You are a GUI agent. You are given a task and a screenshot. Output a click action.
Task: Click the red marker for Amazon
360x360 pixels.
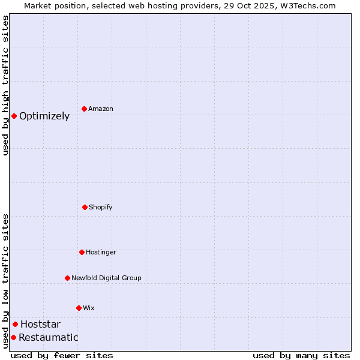click(x=84, y=109)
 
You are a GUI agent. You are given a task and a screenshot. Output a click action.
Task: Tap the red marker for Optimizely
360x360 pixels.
click(x=14, y=116)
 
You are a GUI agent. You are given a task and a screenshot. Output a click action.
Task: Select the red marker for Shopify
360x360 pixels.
click(x=85, y=207)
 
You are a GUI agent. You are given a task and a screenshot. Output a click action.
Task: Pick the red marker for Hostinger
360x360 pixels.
click(x=82, y=252)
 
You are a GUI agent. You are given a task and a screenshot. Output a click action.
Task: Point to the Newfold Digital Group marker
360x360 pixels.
click(x=67, y=278)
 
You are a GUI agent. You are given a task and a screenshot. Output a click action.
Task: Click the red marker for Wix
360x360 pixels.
click(x=79, y=308)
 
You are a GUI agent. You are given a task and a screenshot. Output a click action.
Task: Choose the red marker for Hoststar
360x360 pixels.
click(x=15, y=325)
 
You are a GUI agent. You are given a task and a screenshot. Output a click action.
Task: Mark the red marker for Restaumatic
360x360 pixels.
click(x=13, y=337)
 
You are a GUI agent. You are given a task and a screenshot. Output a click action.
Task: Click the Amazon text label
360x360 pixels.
click(x=101, y=109)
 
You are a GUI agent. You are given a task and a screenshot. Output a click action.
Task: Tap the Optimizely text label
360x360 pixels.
click(x=44, y=116)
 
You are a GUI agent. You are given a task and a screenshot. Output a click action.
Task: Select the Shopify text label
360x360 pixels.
click(x=101, y=207)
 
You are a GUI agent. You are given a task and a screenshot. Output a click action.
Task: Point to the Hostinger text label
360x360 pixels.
click(x=101, y=252)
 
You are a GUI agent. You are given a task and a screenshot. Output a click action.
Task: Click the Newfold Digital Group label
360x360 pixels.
click(x=106, y=278)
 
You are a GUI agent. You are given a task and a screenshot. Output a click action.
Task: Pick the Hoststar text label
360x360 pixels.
click(x=40, y=325)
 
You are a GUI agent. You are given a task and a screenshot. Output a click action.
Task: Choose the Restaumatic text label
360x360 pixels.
click(x=49, y=338)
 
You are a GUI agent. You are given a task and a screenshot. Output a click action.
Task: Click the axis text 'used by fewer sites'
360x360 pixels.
click(x=62, y=355)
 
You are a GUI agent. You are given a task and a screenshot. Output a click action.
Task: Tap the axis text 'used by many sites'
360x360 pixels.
click(x=301, y=355)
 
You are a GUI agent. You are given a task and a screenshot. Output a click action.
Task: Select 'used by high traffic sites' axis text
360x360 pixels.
click(x=5, y=85)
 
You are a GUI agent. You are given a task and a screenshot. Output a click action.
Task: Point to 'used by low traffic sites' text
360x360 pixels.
click(x=5, y=280)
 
